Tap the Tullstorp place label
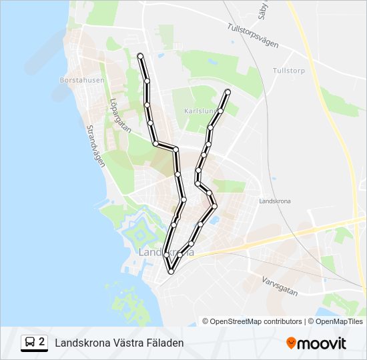click(288, 70)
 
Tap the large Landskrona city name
click(166, 253)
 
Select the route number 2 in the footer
click(42, 342)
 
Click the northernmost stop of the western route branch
click(139, 55)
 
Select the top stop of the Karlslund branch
click(228, 91)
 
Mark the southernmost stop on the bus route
click(171, 271)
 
